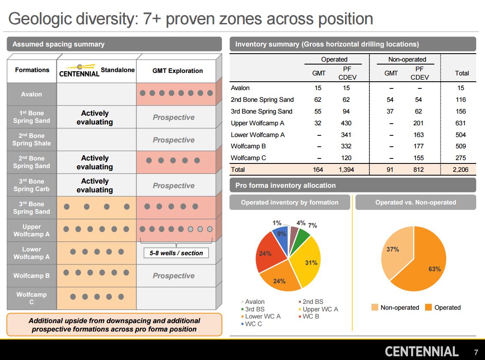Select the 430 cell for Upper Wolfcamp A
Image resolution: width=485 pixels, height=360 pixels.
(346, 123)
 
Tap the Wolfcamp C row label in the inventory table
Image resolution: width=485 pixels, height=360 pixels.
(248, 158)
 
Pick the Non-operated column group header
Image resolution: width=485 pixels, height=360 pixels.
(407, 60)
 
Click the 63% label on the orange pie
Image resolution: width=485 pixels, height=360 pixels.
(434, 269)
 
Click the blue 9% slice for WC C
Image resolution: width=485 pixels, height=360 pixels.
(281, 237)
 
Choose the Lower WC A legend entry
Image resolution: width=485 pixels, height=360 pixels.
(263, 316)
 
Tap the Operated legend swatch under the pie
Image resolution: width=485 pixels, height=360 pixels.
(428, 308)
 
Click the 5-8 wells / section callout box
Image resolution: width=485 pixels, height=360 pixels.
(176, 253)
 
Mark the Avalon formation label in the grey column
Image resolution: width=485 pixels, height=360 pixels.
(31, 94)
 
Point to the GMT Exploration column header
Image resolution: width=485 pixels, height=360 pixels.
(178, 71)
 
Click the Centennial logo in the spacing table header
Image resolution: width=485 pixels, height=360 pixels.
(79, 71)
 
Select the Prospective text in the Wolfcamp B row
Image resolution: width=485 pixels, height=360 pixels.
(173, 276)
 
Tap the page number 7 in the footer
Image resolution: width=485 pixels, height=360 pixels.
(476, 352)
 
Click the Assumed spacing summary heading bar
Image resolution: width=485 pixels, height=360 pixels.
(114, 44)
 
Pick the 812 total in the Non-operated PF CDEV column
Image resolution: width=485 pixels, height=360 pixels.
(418, 170)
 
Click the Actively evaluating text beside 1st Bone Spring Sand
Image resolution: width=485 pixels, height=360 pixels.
(95, 118)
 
